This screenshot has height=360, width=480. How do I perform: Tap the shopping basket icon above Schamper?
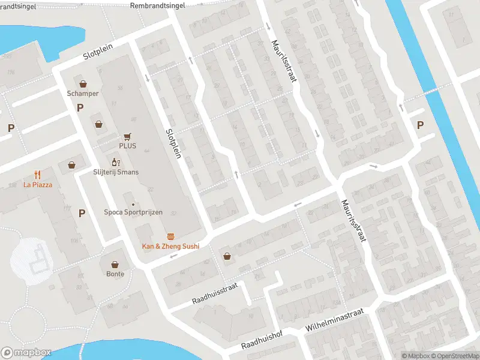coord(83,83)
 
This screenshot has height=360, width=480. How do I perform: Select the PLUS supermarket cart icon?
coord(127,136)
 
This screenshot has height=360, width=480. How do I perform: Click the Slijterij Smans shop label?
coord(116,172)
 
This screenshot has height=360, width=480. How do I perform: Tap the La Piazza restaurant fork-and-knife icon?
coord(38,175)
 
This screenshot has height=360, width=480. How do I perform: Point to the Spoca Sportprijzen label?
coord(133,212)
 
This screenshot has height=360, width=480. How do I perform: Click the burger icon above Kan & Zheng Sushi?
coord(170,236)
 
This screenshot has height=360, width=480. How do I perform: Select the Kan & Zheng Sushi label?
coord(170,246)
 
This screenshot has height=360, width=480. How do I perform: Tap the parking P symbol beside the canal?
coord(420,125)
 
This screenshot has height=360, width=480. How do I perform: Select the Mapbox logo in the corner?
coord(26,353)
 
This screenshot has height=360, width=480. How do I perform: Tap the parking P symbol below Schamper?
coord(80,107)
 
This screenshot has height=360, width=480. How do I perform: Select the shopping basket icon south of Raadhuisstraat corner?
coord(227,256)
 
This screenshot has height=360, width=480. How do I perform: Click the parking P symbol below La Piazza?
coord(82,212)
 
